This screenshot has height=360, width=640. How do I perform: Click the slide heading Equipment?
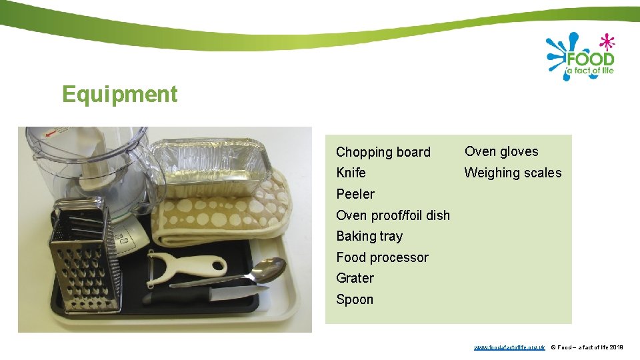120,95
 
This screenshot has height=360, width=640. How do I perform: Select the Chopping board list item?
383,152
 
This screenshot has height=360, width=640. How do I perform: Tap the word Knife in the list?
351,173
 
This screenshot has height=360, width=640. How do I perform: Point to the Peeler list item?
355,194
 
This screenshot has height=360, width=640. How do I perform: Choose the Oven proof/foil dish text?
393,215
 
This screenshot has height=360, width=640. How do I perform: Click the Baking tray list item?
369,236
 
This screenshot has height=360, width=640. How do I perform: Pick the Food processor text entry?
382,257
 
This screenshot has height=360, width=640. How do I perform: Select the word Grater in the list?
355,278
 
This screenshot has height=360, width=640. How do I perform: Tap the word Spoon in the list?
355,299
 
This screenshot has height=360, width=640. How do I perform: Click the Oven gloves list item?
501,151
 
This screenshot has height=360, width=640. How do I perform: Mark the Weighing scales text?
513,173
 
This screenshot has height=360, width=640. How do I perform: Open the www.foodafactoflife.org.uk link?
509,347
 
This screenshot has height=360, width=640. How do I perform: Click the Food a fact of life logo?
580,57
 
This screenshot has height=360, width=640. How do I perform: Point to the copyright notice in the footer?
587,347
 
